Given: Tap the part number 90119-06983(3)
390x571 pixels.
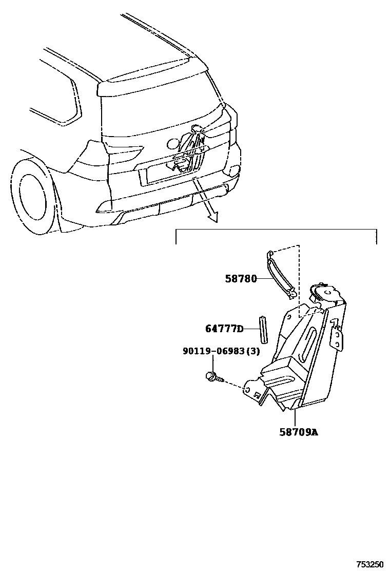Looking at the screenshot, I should (221, 352).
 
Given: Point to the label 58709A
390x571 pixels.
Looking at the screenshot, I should (299, 432).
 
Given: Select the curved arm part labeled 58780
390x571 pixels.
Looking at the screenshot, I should (281, 275).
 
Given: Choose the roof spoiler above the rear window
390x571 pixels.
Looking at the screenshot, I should (149, 77).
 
